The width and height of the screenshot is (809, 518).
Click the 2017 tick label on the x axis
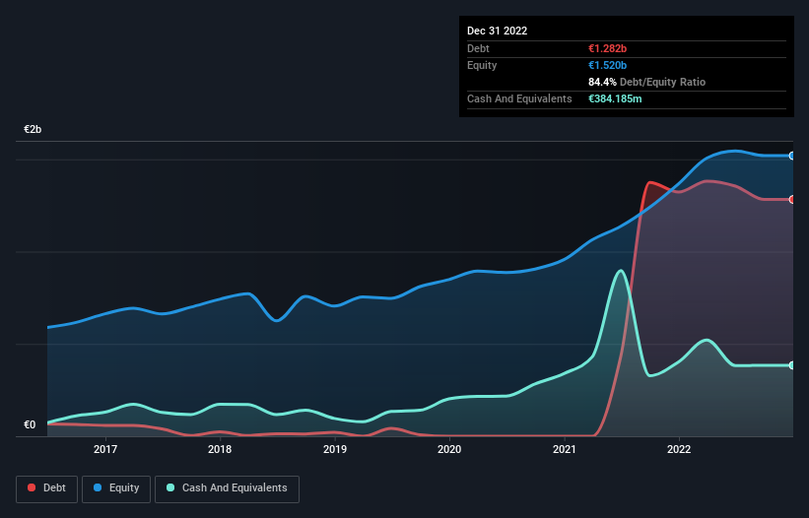(x=105, y=449)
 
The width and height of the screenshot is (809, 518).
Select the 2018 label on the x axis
(x=220, y=449)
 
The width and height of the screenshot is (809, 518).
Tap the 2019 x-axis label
(x=335, y=449)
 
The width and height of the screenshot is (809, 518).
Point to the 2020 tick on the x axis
(x=449, y=449)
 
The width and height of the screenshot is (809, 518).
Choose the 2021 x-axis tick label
(x=565, y=449)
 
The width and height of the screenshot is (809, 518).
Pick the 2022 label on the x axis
(x=679, y=449)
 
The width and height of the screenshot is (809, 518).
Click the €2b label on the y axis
(x=34, y=130)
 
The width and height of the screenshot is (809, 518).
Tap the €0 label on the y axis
(x=30, y=425)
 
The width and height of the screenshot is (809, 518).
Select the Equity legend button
(x=115, y=488)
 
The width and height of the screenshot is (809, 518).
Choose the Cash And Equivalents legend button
(x=227, y=488)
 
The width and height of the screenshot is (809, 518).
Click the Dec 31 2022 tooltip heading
(x=497, y=31)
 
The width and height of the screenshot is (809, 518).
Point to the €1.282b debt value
(x=607, y=48)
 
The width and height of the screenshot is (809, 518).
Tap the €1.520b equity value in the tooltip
(x=607, y=65)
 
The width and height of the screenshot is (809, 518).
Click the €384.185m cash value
(x=616, y=98)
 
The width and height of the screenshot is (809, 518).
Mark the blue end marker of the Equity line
(x=792, y=156)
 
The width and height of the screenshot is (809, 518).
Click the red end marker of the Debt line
(x=792, y=199)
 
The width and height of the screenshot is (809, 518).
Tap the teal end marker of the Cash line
(x=792, y=365)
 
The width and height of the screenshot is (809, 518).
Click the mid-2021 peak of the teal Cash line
(x=620, y=271)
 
